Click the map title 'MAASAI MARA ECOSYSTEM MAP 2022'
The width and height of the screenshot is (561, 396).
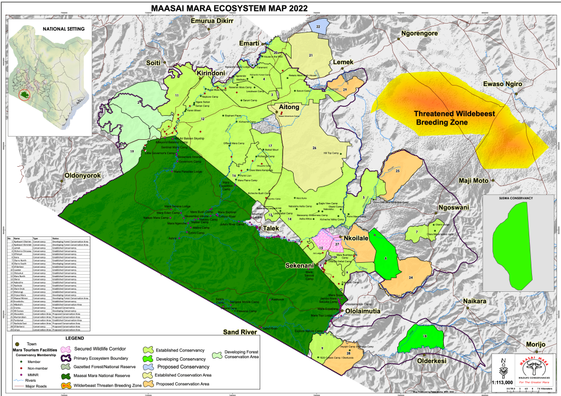pyautogui.click(x=225, y=9)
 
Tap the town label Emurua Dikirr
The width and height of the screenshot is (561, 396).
pyautogui.click(x=211, y=21)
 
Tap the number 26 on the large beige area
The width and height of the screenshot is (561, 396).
pyautogui.click(x=314, y=148)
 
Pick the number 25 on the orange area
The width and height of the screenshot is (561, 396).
pyautogui.click(x=397, y=171)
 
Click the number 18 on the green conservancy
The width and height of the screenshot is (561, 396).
pyautogui.click(x=425, y=336)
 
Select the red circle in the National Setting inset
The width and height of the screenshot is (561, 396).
pyautogui.click(x=24, y=95)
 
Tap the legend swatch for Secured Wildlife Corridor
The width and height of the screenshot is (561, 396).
pyautogui.click(x=66, y=348)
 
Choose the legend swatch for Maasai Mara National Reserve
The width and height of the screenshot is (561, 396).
pyautogui.click(x=66, y=375)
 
